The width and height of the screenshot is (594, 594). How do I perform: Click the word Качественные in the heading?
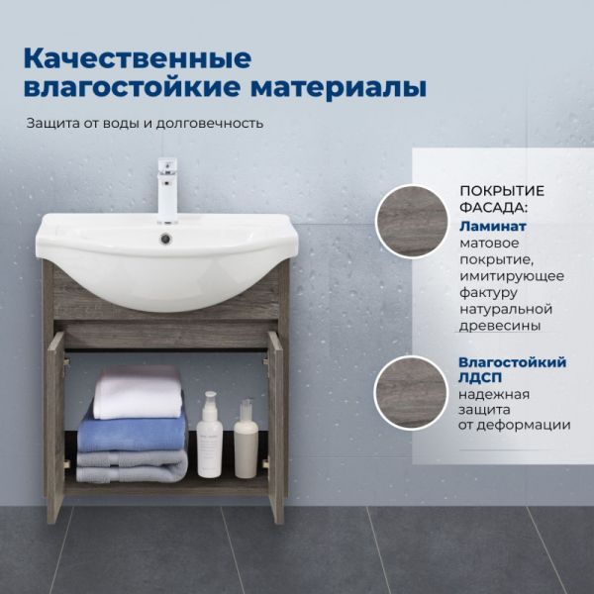(x=138, y=58)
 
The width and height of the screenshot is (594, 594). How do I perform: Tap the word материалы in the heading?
(x=339, y=88)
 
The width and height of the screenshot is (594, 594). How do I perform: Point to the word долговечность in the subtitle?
(x=210, y=124)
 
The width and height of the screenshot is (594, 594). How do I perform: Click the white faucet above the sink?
(x=167, y=190)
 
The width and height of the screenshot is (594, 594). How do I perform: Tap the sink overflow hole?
(x=166, y=239)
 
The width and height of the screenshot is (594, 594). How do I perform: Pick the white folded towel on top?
(x=139, y=393)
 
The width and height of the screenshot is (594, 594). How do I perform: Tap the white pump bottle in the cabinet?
(x=209, y=435)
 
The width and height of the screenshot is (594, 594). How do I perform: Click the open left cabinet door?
(x=54, y=427)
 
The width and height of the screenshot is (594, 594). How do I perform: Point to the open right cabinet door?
(x=276, y=427)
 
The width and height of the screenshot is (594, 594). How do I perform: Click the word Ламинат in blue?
(x=493, y=226)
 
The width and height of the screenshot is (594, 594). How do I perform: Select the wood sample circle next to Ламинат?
(x=412, y=222)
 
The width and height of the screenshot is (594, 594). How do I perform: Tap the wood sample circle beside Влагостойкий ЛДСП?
(x=411, y=392)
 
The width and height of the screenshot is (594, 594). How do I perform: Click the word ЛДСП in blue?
(x=480, y=377)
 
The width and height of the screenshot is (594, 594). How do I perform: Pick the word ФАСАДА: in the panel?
(x=494, y=207)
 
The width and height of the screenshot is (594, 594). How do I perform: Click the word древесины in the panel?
(x=500, y=326)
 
